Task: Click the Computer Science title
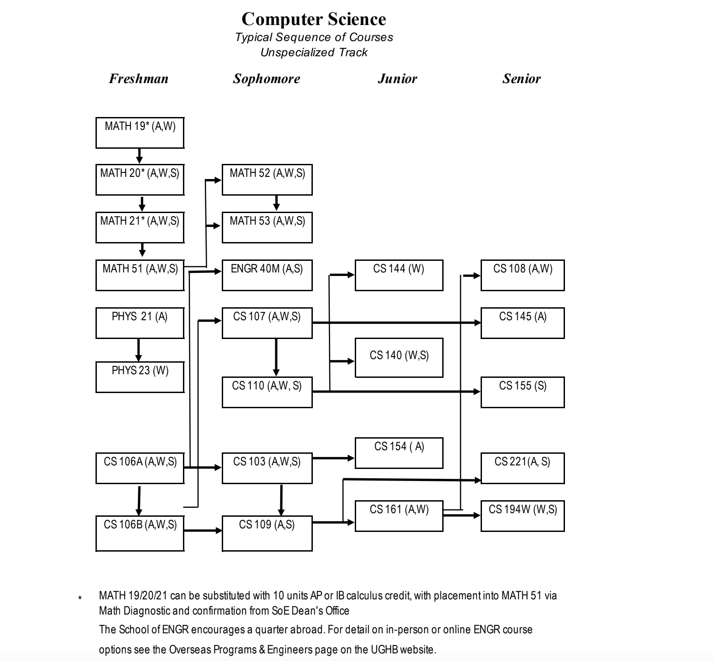tap(314, 19)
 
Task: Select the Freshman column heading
tap(139, 79)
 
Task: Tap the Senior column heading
tap(521, 79)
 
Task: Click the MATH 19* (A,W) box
tap(140, 133)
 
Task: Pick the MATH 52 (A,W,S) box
tap(267, 180)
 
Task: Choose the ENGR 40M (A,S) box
tap(267, 275)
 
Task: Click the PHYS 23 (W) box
tap(140, 377)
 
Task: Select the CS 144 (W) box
tap(399, 275)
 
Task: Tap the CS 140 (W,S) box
tap(399, 357)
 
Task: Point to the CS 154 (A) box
tap(399, 453)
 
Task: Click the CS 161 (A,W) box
tap(399, 516)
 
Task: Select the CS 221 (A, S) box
tap(522, 468)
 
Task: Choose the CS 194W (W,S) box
tap(522, 516)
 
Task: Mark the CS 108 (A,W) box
tap(522, 275)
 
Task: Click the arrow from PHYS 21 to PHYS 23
tap(138, 350)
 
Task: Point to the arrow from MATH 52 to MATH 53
tap(276, 202)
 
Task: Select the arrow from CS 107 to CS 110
tap(276, 357)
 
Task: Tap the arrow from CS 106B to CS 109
tap(203, 531)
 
